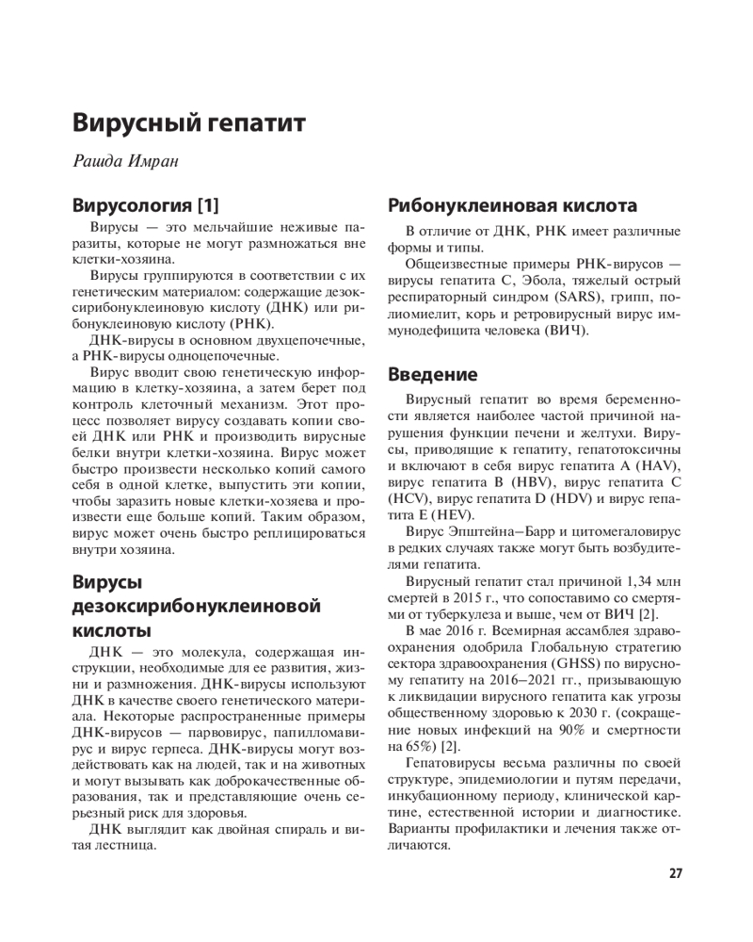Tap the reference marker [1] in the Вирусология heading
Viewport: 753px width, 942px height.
[x=203, y=204]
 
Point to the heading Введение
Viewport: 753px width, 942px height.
[x=433, y=374]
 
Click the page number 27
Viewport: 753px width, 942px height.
[x=675, y=873]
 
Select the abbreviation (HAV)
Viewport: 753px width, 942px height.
[x=657, y=466]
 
